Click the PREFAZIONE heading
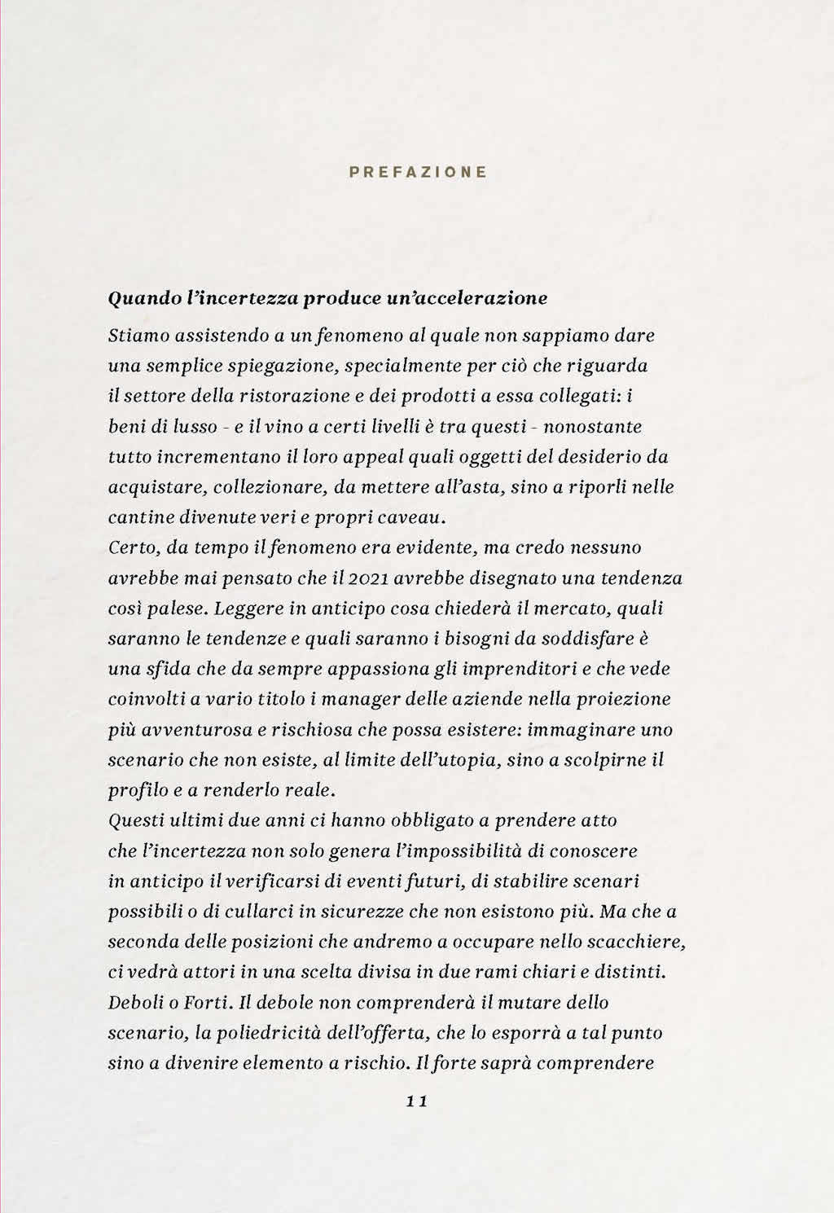pyautogui.click(x=418, y=172)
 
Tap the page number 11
pyautogui.click(x=416, y=1101)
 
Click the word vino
pyautogui.click(x=278, y=427)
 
